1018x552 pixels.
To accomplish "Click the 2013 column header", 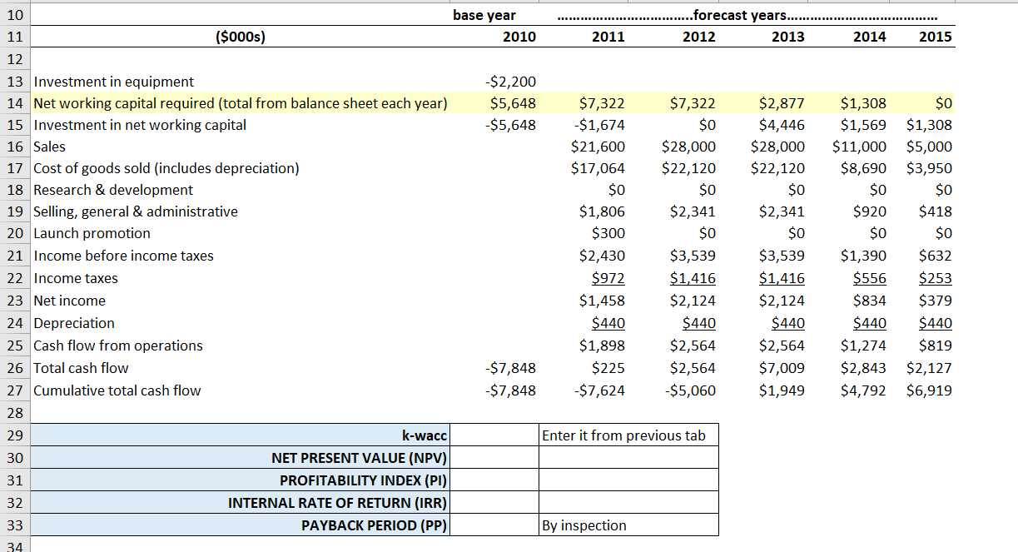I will click(787, 37).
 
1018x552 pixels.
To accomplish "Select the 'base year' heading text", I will click(484, 15).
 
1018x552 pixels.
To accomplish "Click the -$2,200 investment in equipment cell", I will click(510, 82).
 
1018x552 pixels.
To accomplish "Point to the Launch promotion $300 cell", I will click(608, 233).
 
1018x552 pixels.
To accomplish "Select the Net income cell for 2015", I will click(936, 301).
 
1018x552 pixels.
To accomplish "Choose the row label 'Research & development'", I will click(113, 190).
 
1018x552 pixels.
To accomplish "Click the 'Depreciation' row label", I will click(74, 323).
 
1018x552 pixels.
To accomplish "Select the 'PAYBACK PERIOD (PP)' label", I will click(374, 525).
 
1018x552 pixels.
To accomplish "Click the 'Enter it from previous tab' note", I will click(623, 435).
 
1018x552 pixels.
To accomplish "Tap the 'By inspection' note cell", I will click(583, 525).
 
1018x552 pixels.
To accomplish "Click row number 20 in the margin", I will click(14, 233).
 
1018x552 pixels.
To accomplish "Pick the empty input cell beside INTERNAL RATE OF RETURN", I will click(494, 503).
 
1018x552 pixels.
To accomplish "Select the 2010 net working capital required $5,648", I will click(512, 103).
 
